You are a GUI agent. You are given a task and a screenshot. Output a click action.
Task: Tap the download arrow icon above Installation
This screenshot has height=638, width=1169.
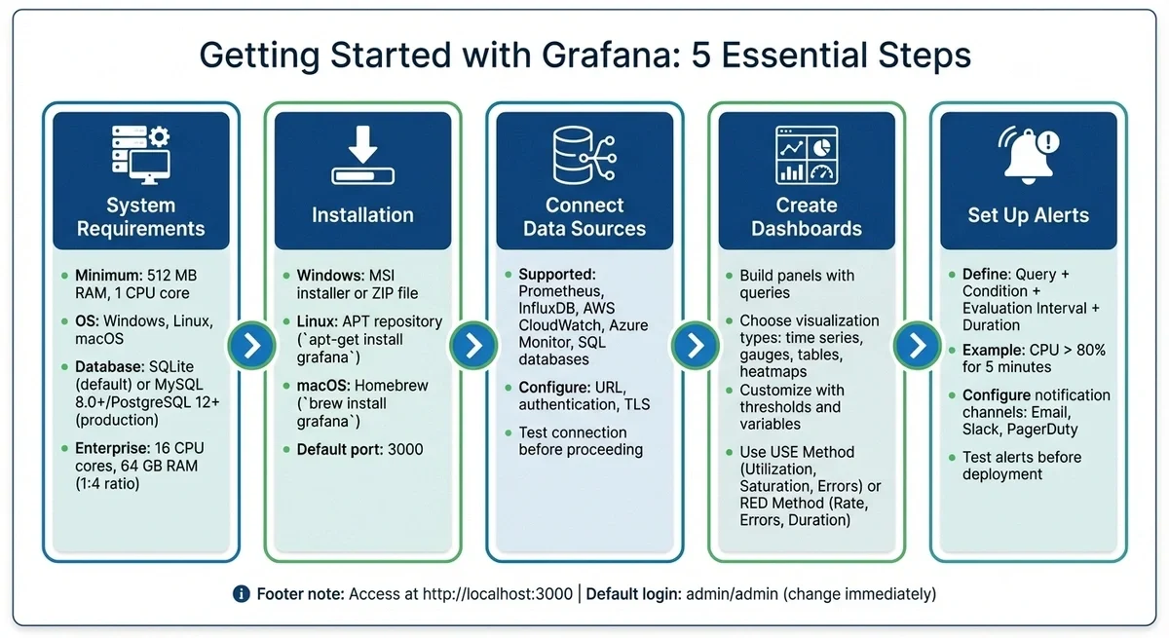click(x=362, y=155)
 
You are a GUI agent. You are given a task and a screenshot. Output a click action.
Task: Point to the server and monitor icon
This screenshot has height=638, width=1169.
click(x=140, y=154)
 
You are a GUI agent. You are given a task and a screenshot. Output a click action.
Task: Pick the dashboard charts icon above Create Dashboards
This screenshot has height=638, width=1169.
click(x=807, y=154)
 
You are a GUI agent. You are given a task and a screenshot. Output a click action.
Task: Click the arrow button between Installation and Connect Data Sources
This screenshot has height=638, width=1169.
click(x=473, y=345)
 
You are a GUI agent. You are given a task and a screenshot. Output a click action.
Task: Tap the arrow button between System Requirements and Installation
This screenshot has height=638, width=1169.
click(x=251, y=345)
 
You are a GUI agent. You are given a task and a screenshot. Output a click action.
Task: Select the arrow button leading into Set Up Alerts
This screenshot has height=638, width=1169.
click(x=917, y=345)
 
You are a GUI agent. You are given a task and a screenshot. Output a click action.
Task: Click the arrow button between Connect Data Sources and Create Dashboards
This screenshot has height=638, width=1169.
click(x=696, y=345)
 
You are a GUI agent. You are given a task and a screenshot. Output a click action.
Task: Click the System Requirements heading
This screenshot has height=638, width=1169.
click(x=141, y=217)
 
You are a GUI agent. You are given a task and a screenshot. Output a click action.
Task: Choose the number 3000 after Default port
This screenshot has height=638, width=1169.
click(x=404, y=450)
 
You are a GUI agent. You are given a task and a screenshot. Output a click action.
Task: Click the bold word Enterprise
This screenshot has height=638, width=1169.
click(x=110, y=449)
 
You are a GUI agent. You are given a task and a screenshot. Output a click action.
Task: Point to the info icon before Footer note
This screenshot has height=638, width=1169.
click(x=242, y=593)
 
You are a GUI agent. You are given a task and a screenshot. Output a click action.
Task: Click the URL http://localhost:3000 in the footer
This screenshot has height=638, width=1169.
click(x=497, y=593)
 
